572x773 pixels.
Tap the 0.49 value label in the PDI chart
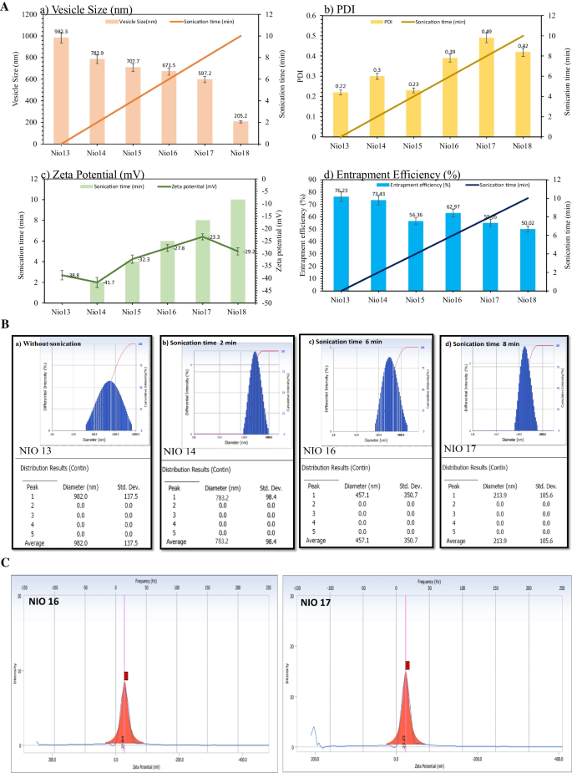(x=486, y=31)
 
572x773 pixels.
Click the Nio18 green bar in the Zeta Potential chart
(x=238, y=251)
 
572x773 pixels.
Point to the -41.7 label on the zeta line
(x=109, y=283)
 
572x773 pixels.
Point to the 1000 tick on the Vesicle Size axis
(x=30, y=36)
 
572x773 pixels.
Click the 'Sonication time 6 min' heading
(x=345, y=343)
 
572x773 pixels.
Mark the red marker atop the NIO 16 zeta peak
(x=126, y=675)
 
